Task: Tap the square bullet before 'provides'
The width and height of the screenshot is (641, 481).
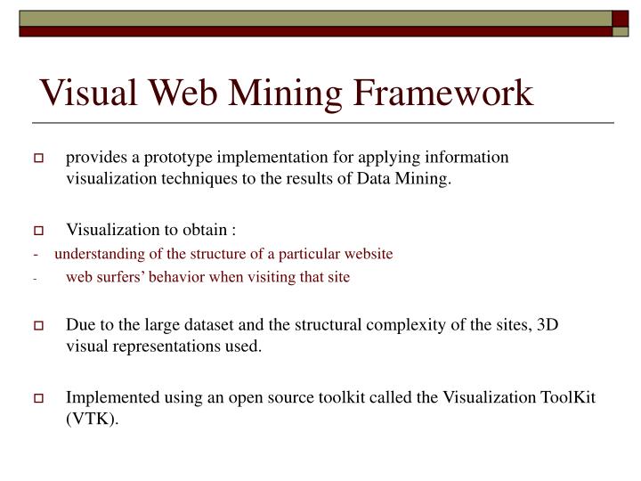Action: click(39, 159)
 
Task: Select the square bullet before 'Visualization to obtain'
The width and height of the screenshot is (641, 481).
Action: click(39, 230)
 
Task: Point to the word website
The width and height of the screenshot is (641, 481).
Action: click(368, 254)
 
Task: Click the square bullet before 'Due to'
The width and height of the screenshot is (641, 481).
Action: click(39, 327)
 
